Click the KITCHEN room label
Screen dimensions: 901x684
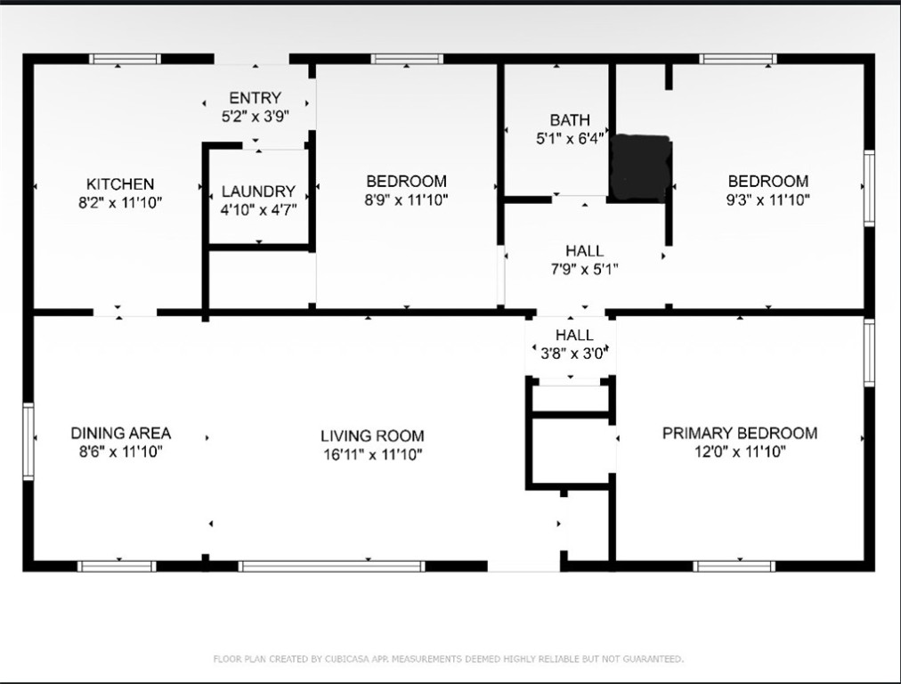click(120, 184)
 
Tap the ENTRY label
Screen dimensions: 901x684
click(256, 98)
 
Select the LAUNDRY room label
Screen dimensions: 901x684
click(258, 191)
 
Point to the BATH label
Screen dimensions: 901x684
click(570, 120)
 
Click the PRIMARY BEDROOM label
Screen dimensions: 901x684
click(740, 434)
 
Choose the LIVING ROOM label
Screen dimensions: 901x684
click(372, 436)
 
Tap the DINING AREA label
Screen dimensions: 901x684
click(121, 434)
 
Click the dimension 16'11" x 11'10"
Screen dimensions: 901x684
click(373, 454)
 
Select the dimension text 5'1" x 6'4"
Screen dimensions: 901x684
click(570, 139)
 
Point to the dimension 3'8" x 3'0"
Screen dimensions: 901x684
click(574, 354)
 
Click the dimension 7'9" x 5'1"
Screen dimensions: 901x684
click(584, 269)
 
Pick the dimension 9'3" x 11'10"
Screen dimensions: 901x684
click(768, 200)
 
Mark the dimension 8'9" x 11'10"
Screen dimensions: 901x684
click(406, 200)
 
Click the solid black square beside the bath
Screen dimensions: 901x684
click(641, 167)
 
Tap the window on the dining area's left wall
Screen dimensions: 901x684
click(28, 441)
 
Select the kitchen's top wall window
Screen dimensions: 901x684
click(125, 59)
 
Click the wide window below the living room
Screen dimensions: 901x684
click(331, 566)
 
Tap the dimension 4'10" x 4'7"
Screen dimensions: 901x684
click(258, 210)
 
